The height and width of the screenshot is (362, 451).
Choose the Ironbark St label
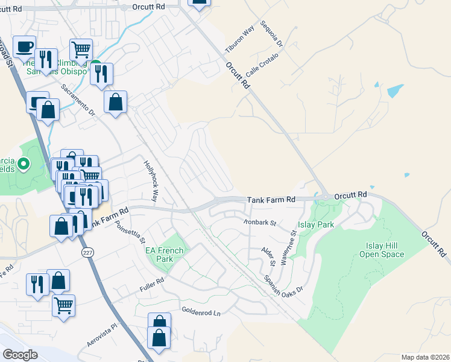tap(259, 222)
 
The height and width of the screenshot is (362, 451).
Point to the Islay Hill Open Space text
tap(385, 250)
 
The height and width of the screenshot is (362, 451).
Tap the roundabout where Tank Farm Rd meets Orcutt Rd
tap(325, 196)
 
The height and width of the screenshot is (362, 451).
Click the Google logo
tap(20, 354)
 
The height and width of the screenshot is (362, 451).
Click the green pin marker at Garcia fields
tap(24, 164)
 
